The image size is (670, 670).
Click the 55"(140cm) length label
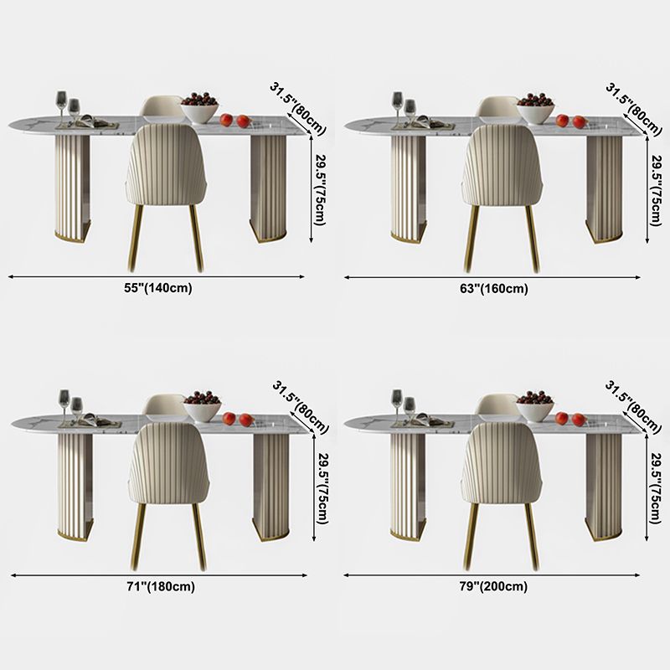(x=158, y=288)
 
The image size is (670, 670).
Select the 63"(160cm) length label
(x=494, y=289)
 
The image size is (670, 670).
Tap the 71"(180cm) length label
(x=161, y=587)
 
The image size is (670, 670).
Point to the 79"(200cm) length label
(x=493, y=586)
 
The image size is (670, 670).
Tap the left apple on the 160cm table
(x=562, y=121)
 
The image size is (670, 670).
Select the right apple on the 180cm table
(x=246, y=420)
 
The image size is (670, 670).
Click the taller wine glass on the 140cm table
(x=62, y=108)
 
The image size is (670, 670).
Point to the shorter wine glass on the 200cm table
(x=410, y=410)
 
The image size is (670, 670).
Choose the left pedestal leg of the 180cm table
(x=75, y=487)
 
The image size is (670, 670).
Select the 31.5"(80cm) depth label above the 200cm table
(x=633, y=406)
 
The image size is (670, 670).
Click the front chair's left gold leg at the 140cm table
(x=136, y=239)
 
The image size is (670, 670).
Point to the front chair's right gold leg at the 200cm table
(x=533, y=537)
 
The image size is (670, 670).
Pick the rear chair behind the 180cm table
(x=164, y=405)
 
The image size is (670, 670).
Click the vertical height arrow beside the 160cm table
(x=647, y=189)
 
